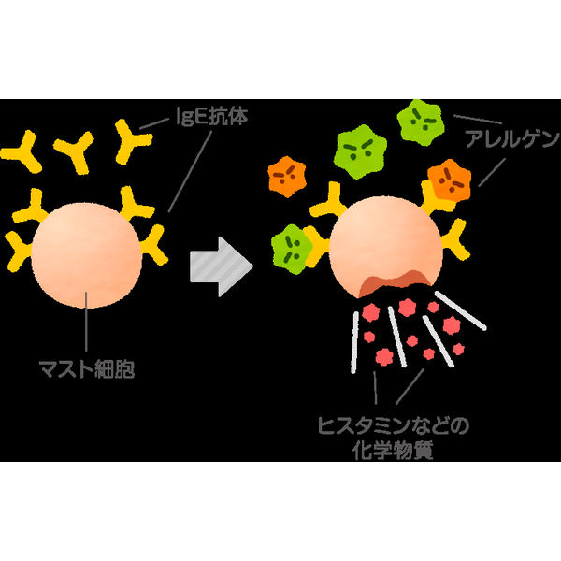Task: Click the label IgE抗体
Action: coord(212,116)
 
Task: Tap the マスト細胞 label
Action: coord(87,369)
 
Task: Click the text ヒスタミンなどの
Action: coord(394,425)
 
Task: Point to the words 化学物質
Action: coord(393,451)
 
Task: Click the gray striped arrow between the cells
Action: coord(222,266)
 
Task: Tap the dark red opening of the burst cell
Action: coord(394,282)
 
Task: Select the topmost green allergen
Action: coord(421,122)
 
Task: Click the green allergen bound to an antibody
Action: coord(291,250)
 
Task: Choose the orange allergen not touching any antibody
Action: coord(287,177)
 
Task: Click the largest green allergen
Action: coord(361,151)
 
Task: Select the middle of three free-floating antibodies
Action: coord(75,151)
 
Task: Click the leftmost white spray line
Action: coord(354,342)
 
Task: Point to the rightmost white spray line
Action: coord(461,310)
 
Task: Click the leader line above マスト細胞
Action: coord(86,322)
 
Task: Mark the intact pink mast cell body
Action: coord(86,254)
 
